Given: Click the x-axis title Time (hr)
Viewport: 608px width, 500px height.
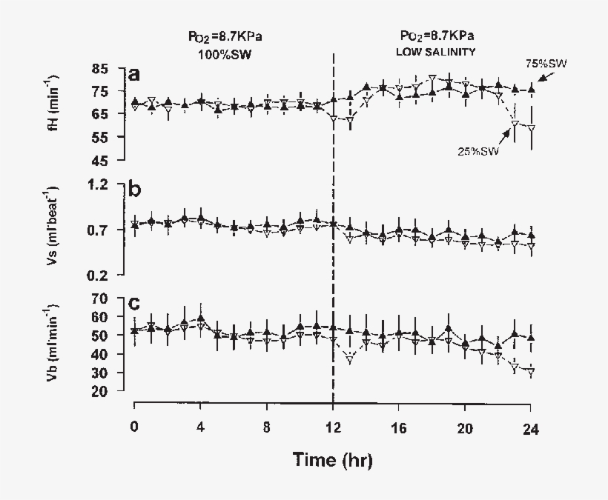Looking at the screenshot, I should pyautogui.click(x=332, y=459).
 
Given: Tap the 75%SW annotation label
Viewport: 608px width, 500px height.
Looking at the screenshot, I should pyautogui.click(x=546, y=64).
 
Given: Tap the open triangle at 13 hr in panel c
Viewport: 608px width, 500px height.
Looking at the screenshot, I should pyautogui.click(x=349, y=359).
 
